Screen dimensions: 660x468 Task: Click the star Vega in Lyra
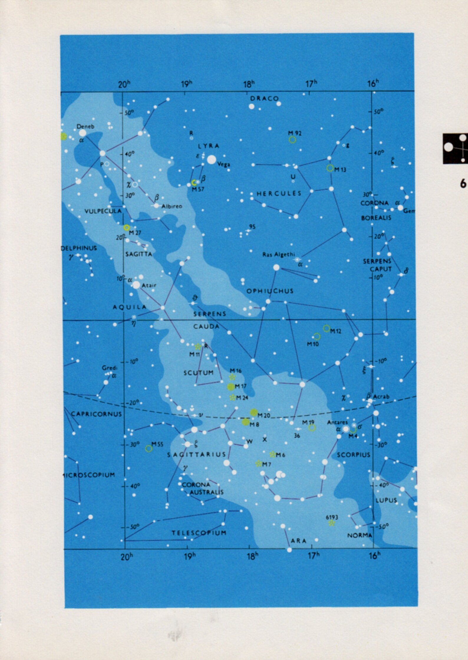(211, 159)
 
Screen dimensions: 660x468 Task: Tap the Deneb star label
(85, 126)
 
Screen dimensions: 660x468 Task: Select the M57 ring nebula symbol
(194, 183)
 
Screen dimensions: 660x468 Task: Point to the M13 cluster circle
(330, 168)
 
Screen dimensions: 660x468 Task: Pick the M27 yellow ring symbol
(126, 227)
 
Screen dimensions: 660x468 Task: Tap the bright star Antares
(346, 429)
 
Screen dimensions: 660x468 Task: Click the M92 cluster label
(295, 133)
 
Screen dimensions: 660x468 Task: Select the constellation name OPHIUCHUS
(270, 291)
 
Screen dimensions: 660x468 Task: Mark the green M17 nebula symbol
(231, 386)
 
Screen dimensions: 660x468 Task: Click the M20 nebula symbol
(254, 412)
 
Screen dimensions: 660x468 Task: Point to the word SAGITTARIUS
(197, 455)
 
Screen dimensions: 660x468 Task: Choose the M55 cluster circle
(149, 448)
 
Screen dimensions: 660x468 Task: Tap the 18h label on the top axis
(249, 84)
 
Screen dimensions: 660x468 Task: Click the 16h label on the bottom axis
(374, 556)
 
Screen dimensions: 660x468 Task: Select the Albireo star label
(172, 206)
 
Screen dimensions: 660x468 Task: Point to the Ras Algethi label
(279, 255)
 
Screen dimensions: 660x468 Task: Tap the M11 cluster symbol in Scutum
(198, 346)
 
